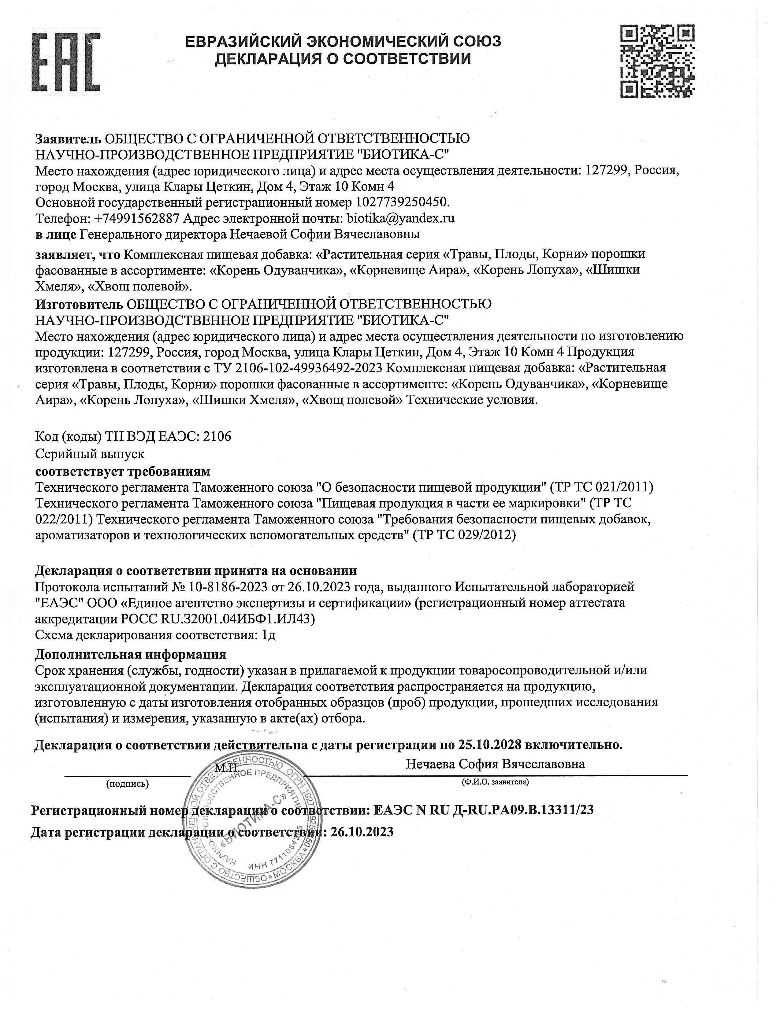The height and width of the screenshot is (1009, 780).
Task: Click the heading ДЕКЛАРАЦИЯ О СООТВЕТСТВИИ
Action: coord(343,59)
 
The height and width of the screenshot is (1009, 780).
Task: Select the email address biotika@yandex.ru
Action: coord(401,218)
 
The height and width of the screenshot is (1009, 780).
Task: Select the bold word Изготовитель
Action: coord(79,304)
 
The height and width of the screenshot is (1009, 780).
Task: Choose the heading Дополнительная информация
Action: coord(131,654)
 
